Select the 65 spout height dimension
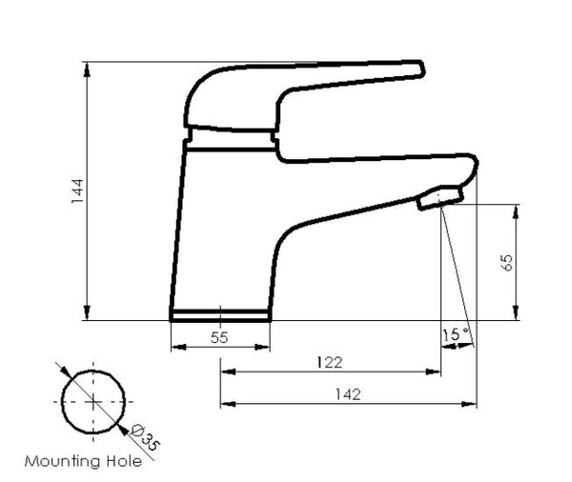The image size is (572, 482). click(507, 263)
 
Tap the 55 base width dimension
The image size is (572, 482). click(219, 336)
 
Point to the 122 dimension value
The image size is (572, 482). click(330, 362)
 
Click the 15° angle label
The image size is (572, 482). click(457, 334)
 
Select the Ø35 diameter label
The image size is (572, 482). click(144, 438)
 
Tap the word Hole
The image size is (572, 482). click(123, 462)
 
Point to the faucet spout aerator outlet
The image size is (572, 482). click(439, 198)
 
